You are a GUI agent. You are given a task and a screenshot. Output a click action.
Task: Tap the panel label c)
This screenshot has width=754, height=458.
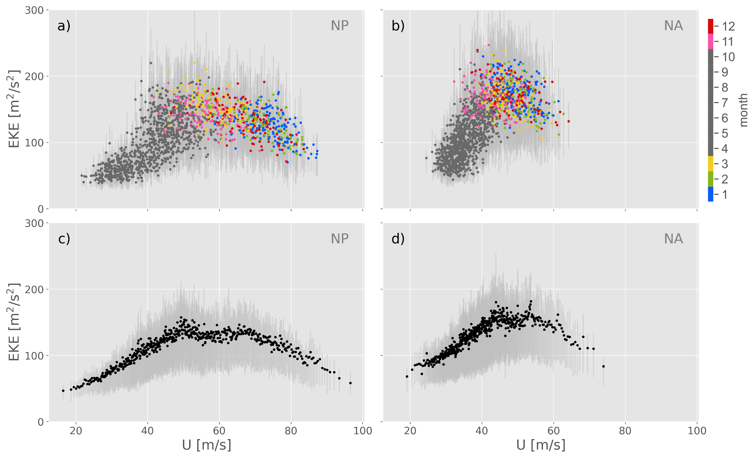click(64, 239)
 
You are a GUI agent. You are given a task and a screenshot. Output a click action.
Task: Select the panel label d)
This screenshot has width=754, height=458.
click(398, 239)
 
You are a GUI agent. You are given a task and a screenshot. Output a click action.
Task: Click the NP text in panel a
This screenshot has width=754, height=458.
click(339, 26)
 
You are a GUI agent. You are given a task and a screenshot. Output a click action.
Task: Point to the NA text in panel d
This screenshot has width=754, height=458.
click(673, 239)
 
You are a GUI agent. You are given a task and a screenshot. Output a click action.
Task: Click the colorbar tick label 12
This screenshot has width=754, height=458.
click(728, 26)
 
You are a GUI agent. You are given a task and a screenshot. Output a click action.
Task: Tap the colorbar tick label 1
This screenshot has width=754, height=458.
click(725, 195)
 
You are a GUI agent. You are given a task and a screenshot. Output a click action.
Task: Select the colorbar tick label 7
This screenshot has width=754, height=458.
click(725, 103)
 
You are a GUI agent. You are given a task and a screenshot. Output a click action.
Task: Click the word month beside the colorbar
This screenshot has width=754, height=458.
click(743, 110)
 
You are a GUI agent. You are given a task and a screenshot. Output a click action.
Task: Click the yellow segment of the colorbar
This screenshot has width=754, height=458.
click(710, 164)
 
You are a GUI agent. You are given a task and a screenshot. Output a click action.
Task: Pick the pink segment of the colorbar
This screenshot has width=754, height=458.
click(710, 41)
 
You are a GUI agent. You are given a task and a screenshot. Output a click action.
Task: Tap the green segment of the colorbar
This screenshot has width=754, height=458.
click(710, 179)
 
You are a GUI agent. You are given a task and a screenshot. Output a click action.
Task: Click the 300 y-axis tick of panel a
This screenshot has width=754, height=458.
click(34, 10)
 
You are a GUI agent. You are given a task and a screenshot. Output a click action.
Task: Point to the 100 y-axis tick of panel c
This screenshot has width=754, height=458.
click(34, 356)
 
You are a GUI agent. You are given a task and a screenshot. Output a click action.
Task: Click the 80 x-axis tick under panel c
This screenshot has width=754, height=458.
click(291, 431)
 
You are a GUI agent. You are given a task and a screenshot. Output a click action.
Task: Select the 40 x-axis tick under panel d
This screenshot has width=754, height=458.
click(482, 431)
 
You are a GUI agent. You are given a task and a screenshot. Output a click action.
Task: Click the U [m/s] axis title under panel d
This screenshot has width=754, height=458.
click(541, 445)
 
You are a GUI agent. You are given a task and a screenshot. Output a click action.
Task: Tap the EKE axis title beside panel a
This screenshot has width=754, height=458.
click(14, 109)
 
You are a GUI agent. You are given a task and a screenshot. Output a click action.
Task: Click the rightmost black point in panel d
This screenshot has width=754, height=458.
click(603, 367)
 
